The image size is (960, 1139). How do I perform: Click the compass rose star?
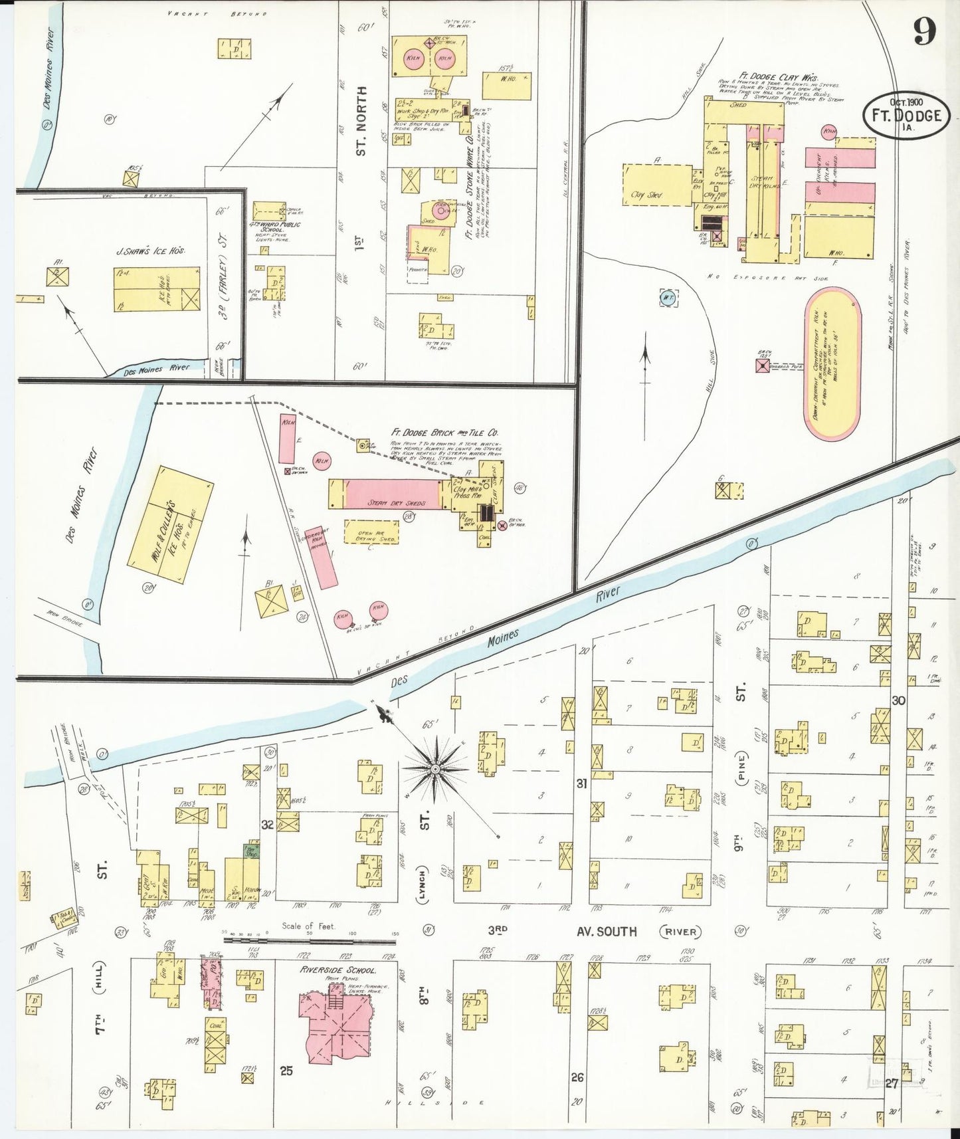pyautogui.click(x=435, y=769)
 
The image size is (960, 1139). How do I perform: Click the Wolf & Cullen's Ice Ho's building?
pyautogui.click(x=170, y=525)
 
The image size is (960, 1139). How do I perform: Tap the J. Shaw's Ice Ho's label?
pyautogui.click(x=150, y=251)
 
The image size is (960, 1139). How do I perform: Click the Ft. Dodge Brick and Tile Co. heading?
pyautogui.click(x=444, y=433)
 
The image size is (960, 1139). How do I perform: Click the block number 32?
pyautogui.click(x=267, y=825)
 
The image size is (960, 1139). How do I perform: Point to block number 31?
pyautogui.click(x=581, y=783)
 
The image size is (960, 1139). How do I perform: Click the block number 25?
pyautogui.click(x=286, y=1071)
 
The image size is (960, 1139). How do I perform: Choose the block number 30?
pyautogui.click(x=898, y=700)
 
